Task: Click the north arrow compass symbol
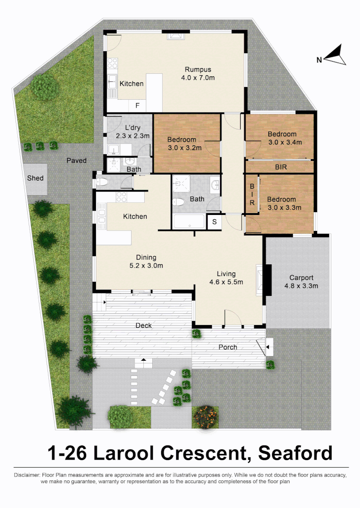[335, 56]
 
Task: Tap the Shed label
[35, 178]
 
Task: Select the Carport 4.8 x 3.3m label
[301, 281]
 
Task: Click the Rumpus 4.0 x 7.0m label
[197, 73]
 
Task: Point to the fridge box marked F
[137, 105]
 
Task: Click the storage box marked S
[214, 222]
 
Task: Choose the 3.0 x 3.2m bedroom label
[184, 143]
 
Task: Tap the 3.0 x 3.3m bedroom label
[282, 203]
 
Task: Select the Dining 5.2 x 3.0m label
[146, 262]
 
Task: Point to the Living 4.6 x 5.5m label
[226, 278]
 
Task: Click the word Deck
[143, 325]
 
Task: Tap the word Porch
[228, 347]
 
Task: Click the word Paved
[76, 160]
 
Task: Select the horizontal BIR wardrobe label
[281, 167]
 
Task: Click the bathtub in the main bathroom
[188, 221]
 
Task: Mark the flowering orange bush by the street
[205, 416]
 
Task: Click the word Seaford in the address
[296, 453]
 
